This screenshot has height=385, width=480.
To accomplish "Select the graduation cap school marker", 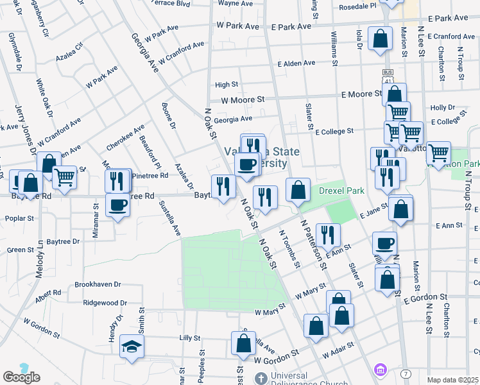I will pos(132,347).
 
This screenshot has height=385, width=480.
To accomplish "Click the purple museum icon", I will pos(380,370).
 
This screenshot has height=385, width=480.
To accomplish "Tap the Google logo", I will pos(21,377).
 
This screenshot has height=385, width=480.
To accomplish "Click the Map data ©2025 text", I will pos(453,380).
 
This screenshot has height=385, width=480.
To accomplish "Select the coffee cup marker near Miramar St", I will pos(117,205).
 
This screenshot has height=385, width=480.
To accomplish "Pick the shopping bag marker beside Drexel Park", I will pos(298,190).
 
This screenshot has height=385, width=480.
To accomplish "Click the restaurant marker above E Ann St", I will pos(328,235).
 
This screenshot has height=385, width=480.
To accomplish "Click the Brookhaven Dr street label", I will pos(98,284).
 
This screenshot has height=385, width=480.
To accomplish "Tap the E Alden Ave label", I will pos(296,64).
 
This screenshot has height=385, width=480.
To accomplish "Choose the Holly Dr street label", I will pos(443,108).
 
